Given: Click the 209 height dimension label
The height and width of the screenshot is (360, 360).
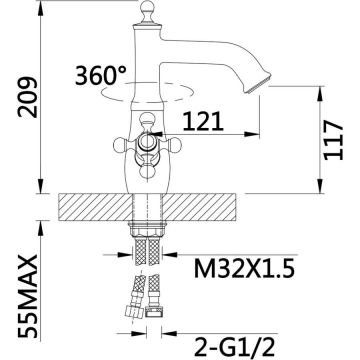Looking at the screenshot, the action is click(28, 97).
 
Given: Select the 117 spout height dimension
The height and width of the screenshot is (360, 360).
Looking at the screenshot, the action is click(333, 140).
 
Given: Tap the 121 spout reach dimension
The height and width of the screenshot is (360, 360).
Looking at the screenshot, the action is click(203, 121).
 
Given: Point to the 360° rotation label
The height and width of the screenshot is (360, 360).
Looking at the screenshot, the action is click(101, 75).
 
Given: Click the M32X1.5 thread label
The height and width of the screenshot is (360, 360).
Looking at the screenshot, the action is click(244, 269).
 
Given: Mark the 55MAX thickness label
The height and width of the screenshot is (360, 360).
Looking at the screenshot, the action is click(28, 296).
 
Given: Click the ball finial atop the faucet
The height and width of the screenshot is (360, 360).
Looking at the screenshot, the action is click(147, 8).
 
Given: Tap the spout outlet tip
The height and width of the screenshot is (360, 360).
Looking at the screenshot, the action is click(257, 83).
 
